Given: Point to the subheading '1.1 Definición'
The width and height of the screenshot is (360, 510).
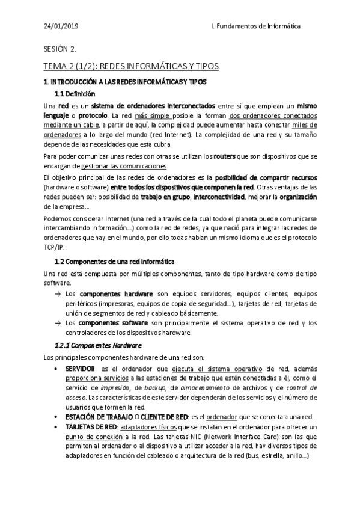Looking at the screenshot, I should [75, 94].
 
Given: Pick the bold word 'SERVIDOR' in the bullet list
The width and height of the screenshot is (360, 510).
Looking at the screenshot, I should [79, 368].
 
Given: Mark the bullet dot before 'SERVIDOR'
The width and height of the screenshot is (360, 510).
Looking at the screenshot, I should [56, 368].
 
